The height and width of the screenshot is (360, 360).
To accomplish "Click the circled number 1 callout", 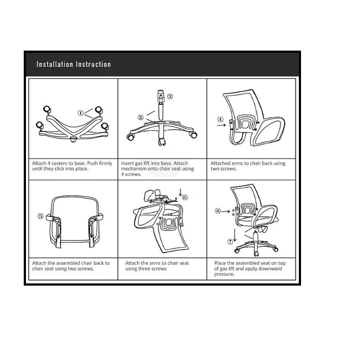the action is (x=81, y=113).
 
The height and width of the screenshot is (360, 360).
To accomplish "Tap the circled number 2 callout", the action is (x=141, y=118).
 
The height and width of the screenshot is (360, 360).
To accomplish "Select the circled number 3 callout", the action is (x=170, y=96).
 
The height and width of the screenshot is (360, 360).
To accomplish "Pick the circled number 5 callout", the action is (x=40, y=216).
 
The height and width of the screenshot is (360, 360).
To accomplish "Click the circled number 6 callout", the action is (x=185, y=198).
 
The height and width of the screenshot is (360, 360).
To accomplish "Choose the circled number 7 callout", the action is (x=230, y=241).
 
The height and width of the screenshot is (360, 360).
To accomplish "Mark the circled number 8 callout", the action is (x=217, y=211).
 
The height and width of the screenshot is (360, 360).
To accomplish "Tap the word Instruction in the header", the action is (x=93, y=65).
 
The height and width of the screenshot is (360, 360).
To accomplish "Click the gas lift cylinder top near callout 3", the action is (x=161, y=94).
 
